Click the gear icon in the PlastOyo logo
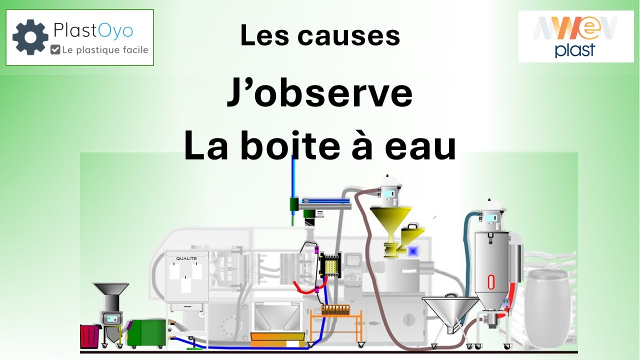tap(30, 37)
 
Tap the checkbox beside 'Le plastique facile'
tap(55, 49)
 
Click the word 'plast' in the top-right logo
tap(575, 50)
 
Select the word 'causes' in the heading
tap(348, 35)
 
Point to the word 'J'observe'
tap(319, 92)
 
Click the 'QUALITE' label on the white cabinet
tap(186, 258)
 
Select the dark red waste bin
tap(89, 336)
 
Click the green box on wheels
tap(146, 333)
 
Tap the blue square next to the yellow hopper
tap(413, 251)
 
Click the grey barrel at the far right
tap(547, 308)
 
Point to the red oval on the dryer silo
tap(491, 282)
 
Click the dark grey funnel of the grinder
tap(111, 289)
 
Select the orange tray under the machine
tap(277, 339)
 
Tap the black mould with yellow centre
tap(330, 265)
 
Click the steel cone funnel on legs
tap(450, 311)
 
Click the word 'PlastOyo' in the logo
tap(93, 31)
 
